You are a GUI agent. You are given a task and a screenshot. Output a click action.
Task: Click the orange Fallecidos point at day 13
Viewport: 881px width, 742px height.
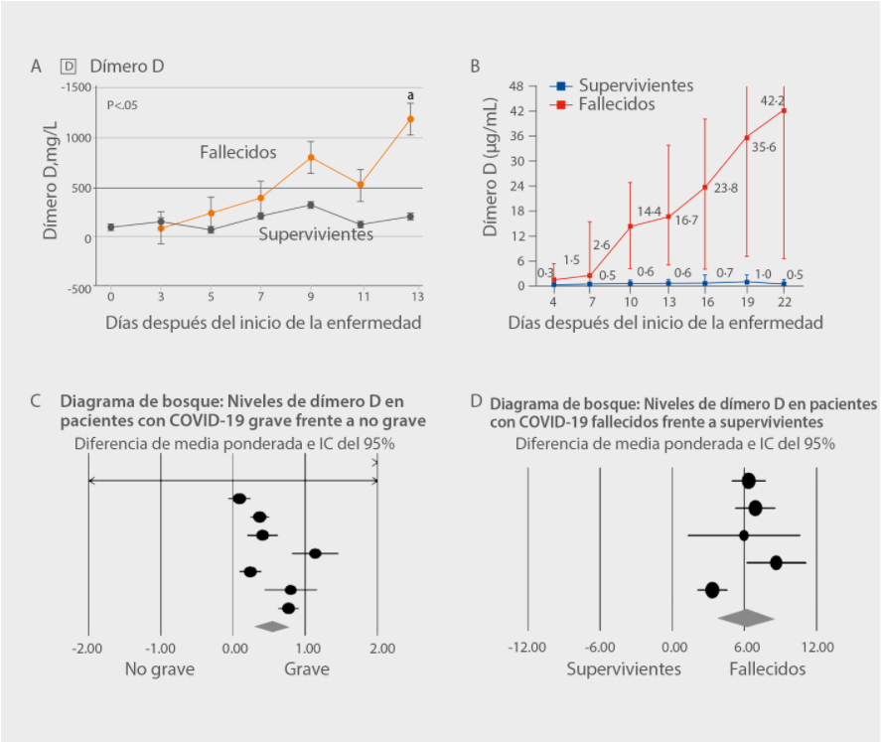click(x=410, y=119)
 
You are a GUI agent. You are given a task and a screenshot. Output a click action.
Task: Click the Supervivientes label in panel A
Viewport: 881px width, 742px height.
click(x=316, y=235)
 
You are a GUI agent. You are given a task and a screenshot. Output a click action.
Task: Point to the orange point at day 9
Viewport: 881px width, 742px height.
click(x=310, y=157)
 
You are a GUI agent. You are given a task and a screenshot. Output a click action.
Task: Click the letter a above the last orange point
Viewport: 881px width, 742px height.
click(x=410, y=95)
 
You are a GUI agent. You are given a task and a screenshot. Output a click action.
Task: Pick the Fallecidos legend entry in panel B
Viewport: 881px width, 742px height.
click(x=616, y=103)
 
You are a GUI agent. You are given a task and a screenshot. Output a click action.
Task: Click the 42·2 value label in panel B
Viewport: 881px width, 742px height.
click(x=773, y=100)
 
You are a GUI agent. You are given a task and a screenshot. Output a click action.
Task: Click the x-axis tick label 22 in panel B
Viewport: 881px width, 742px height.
click(x=784, y=301)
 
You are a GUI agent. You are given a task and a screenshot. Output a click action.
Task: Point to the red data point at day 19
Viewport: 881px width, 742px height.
click(x=747, y=137)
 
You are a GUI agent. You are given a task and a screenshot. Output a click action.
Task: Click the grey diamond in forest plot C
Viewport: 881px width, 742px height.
click(x=271, y=626)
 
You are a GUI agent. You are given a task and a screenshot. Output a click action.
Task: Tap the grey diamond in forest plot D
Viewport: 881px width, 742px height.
click(x=746, y=618)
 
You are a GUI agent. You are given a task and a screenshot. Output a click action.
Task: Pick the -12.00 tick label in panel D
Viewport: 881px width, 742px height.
click(x=526, y=649)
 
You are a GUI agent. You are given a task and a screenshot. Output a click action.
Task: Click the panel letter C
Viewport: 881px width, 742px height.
click(x=36, y=401)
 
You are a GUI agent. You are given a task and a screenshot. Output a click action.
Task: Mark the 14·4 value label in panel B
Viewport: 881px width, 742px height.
click(x=650, y=212)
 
